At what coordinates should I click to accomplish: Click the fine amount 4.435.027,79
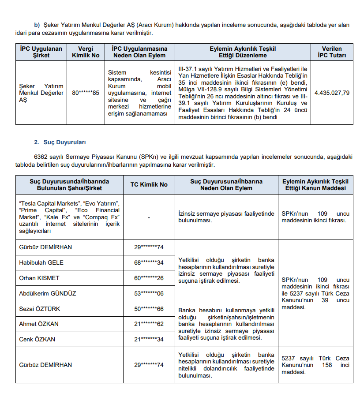pyautogui.click(x=332, y=93)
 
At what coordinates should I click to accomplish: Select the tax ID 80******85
pyautogui.click(x=86, y=93)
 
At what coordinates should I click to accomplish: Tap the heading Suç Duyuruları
pyautogui.click(x=64, y=142)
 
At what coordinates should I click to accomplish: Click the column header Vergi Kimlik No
pyautogui.click(x=86, y=52)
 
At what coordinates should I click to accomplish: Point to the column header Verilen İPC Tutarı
pyautogui.click(x=332, y=52)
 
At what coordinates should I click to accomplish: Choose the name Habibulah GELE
pyautogui.click(x=41, y=262)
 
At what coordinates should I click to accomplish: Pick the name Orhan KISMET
pyautogui.click(x=39, y=278)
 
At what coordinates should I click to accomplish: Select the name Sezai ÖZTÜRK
pyautogui.click(x=40, y=309)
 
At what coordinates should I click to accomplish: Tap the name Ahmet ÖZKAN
pyautogui.click(x=39, y=324)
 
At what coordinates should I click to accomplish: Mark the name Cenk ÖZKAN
pyautogui.click(x=37, y=340)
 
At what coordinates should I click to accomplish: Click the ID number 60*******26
pyautogui.click(x=149, y=278)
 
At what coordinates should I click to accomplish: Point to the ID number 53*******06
pyautogui.click(x=149, y=293)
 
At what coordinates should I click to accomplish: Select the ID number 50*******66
pyautogui.click(x=149, y=309)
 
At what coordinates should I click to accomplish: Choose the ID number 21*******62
pyautogui.click(x=149, y=324)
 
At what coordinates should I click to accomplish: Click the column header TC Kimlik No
pyautogui.click(x=149, y=185)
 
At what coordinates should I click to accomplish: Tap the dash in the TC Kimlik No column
pyautogui.click(x=149, y=217)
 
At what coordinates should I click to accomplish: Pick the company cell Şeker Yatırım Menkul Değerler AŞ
pyautogui.click(x=41, y=93)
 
